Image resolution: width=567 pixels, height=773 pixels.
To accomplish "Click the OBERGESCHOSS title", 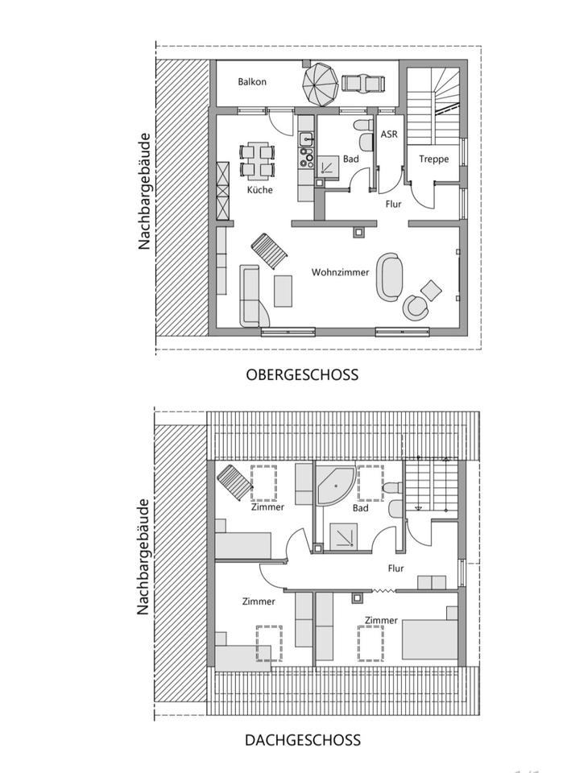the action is [x=302, y=374].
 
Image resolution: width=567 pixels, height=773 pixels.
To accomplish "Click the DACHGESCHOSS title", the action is [x=302, y=740].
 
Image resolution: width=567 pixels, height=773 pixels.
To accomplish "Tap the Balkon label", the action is [x=252, y=81].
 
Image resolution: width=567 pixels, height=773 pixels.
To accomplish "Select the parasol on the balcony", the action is [x=321, y=85].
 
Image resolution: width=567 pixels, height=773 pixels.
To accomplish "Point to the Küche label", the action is [x=259, y=190].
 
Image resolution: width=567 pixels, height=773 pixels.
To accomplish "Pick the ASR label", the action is [x=388, y=134].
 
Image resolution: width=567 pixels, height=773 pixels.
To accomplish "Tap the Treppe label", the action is [x=433, y=159].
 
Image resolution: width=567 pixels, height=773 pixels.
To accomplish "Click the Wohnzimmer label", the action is [x=340, y=272].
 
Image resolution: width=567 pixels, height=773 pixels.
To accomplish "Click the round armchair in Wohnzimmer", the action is [x=416, y=306].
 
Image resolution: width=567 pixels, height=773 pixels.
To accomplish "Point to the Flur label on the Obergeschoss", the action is [x=393, y=205].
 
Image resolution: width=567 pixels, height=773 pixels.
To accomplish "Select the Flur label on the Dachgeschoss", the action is [x=395, y=568].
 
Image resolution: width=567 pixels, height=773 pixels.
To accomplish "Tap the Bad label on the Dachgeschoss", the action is [x=360, y=508].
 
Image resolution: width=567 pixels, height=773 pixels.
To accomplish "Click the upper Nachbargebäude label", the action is [x=144, y=192].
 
